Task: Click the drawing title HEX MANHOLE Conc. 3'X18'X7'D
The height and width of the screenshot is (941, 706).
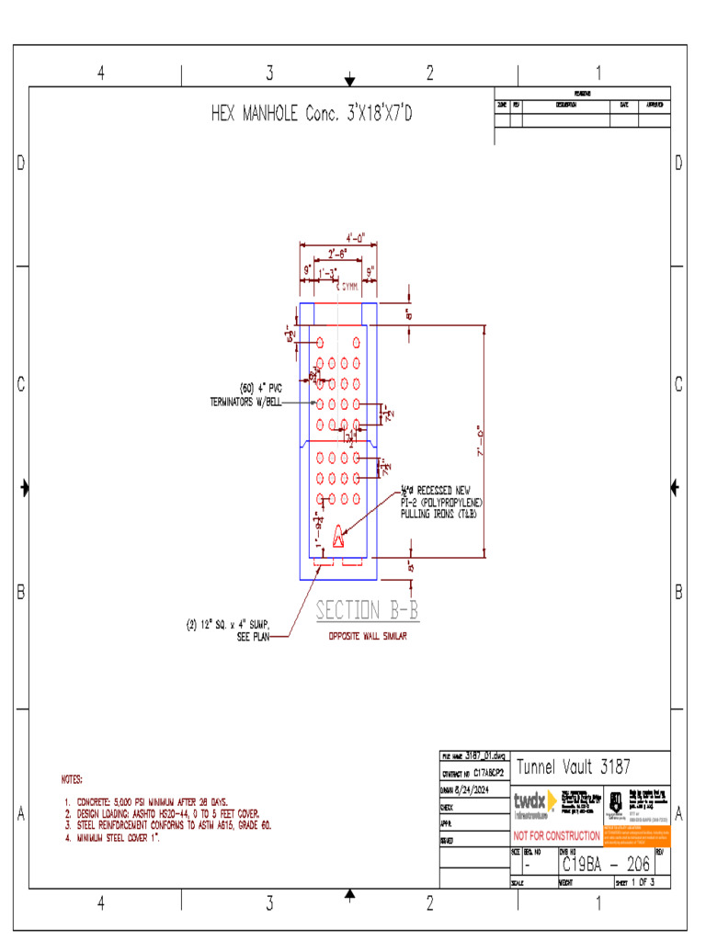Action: point(312,115)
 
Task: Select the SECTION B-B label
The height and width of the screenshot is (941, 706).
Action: point(367,610)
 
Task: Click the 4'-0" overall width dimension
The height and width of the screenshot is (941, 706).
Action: point(356,237)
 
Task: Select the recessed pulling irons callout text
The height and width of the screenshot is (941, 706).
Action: point(440,502)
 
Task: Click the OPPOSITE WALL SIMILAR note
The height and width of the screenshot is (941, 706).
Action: point(367,636)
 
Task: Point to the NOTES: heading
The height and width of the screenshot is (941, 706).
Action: point(72,780)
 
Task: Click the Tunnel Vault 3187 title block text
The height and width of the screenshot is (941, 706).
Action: point(574,766)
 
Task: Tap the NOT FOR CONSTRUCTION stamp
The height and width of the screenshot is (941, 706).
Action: point(556,836)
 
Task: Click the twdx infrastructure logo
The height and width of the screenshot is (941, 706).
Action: point(534,804)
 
